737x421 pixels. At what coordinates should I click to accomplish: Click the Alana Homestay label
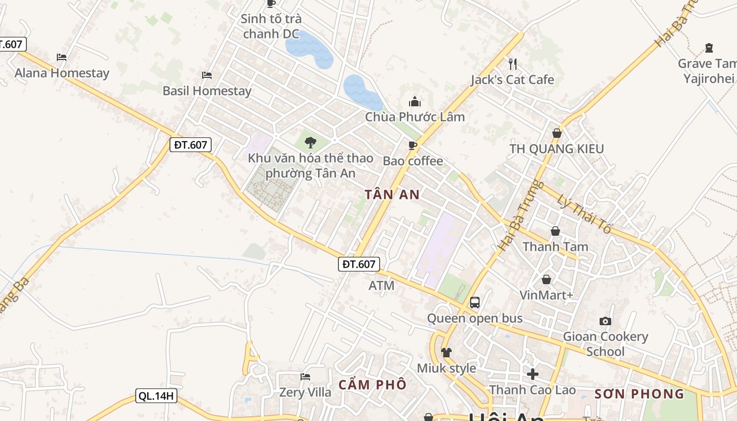(x=62, y=73)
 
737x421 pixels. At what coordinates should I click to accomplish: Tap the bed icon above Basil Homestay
(x=207, y=75)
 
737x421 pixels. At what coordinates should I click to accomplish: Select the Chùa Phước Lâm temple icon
(x=415, y=102)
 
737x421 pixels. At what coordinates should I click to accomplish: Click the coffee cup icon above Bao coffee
(x=413, y=145)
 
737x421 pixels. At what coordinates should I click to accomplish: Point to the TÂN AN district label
(x=392, y=195)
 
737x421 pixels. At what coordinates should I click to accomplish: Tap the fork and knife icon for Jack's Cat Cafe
(x=513, y=64)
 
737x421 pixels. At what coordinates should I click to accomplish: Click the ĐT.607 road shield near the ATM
(x=358, y=264)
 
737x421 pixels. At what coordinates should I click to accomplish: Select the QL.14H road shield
(x=156, y=396)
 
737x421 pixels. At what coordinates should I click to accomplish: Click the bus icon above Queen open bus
(x=475, y=303)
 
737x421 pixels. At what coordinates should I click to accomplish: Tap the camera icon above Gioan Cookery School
(x=605, y=321)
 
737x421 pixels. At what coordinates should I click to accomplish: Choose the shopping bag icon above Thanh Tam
(x=555, y=231)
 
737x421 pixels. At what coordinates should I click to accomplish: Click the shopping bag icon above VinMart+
(x=546, y=279)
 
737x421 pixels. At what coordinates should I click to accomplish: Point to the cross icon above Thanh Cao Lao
(x=533, y=374)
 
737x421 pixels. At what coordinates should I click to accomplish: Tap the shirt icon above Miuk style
(x=446, y=353)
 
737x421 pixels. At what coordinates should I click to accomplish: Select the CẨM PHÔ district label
(x=372, y=385)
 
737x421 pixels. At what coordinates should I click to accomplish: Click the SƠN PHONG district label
(x=639, y=394)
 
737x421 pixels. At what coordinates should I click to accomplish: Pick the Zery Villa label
(x=305, y=392)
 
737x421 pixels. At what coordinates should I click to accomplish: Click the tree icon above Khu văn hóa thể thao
(x=311, y=142)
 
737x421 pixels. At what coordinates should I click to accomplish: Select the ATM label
(x=381, y=286)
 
